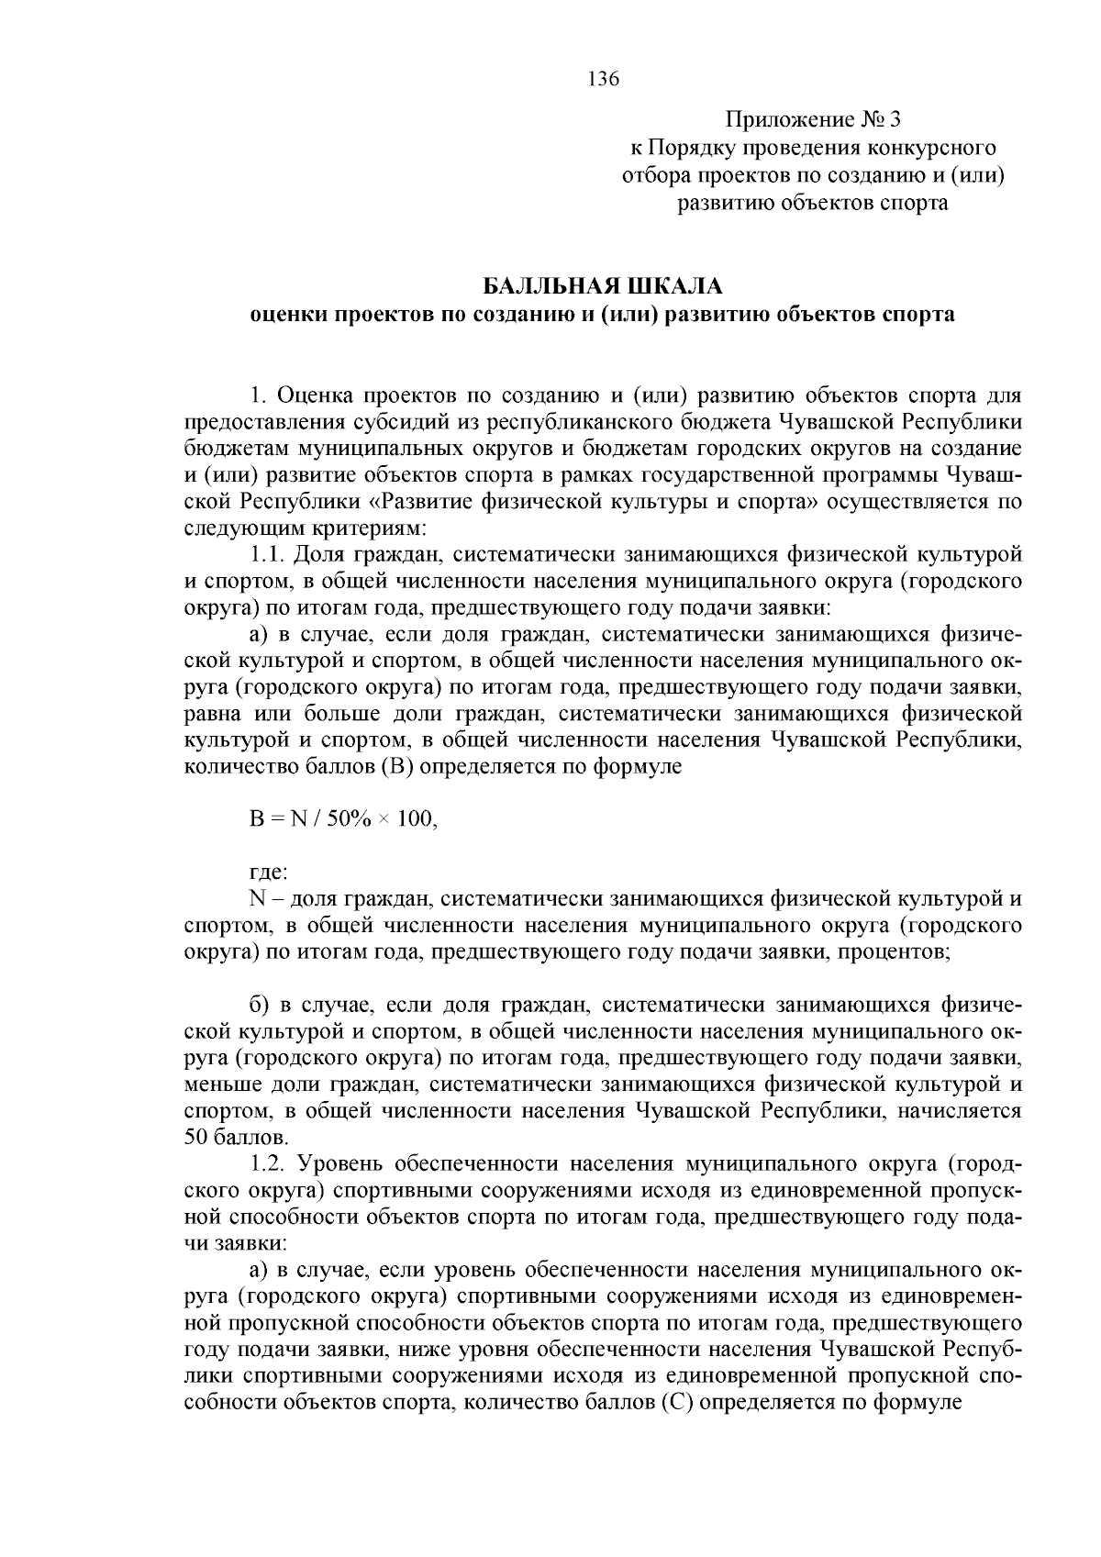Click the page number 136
[603, 79]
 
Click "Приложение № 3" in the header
[814, 120]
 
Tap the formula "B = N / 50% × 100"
[343, 819]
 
